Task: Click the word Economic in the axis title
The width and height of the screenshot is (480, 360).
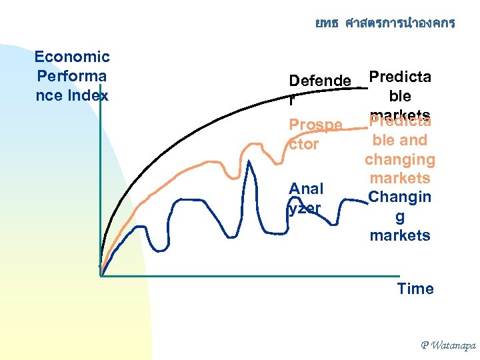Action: tap(72, 57)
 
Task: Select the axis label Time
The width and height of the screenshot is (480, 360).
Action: tap(415, 289)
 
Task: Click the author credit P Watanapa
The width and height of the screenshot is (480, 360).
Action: tap(447, 345)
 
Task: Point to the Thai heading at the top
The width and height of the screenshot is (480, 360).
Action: tap(385, 23)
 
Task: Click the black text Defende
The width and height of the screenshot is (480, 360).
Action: tap(319, 81)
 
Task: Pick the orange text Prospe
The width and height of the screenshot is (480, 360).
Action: tap(315, 125)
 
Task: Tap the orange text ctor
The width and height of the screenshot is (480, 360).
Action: tap(303, 144)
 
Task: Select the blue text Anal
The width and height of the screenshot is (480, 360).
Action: tap(306, 189)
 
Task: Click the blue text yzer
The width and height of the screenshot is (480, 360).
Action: tap(305, 208)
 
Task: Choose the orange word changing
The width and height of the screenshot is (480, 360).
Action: tap(399, 159)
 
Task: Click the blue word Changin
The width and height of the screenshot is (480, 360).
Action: tap(399, 197)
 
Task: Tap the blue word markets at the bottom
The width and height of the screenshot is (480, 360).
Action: tap(399, 235)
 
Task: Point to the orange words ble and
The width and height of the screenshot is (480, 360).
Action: tap(399, 141)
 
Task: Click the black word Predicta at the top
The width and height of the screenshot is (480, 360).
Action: tap(399, 76)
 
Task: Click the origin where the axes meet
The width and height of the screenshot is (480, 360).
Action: tap(100, 275)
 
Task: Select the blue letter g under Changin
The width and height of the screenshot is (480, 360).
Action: tap(399, 217)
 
